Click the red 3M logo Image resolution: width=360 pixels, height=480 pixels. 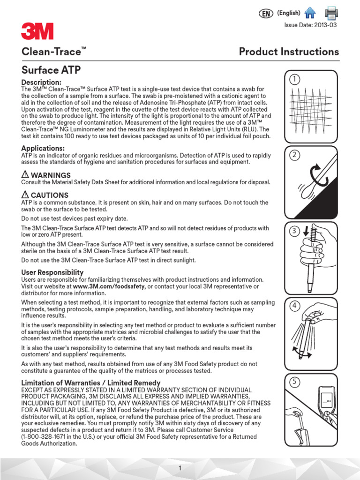tap(37, 31)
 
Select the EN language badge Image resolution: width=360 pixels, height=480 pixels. tap(266, 14)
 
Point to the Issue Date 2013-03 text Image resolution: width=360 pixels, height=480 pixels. tap(311, 25)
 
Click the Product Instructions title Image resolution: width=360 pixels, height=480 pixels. tap(289, 52)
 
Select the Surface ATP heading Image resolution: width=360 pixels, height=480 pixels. tap(51, 70)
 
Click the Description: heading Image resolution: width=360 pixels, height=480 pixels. tap(41, 82)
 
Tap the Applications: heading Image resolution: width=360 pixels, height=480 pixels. tap(43, 149)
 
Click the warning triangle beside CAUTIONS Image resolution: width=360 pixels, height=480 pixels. tap(25, 195)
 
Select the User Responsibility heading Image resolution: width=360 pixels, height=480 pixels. tap(52, 272)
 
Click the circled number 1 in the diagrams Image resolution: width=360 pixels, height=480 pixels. tap(294, 79)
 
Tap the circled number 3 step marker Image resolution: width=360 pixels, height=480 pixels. tap(294, 230)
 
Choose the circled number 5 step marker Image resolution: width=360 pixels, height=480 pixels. tap(294, 382)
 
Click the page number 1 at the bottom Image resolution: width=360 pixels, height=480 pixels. tap(180, 468)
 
